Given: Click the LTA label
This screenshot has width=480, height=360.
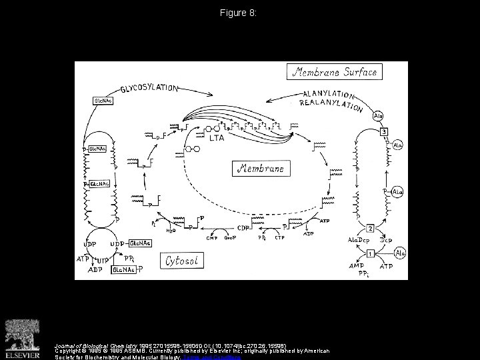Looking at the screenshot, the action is [217, 138].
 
